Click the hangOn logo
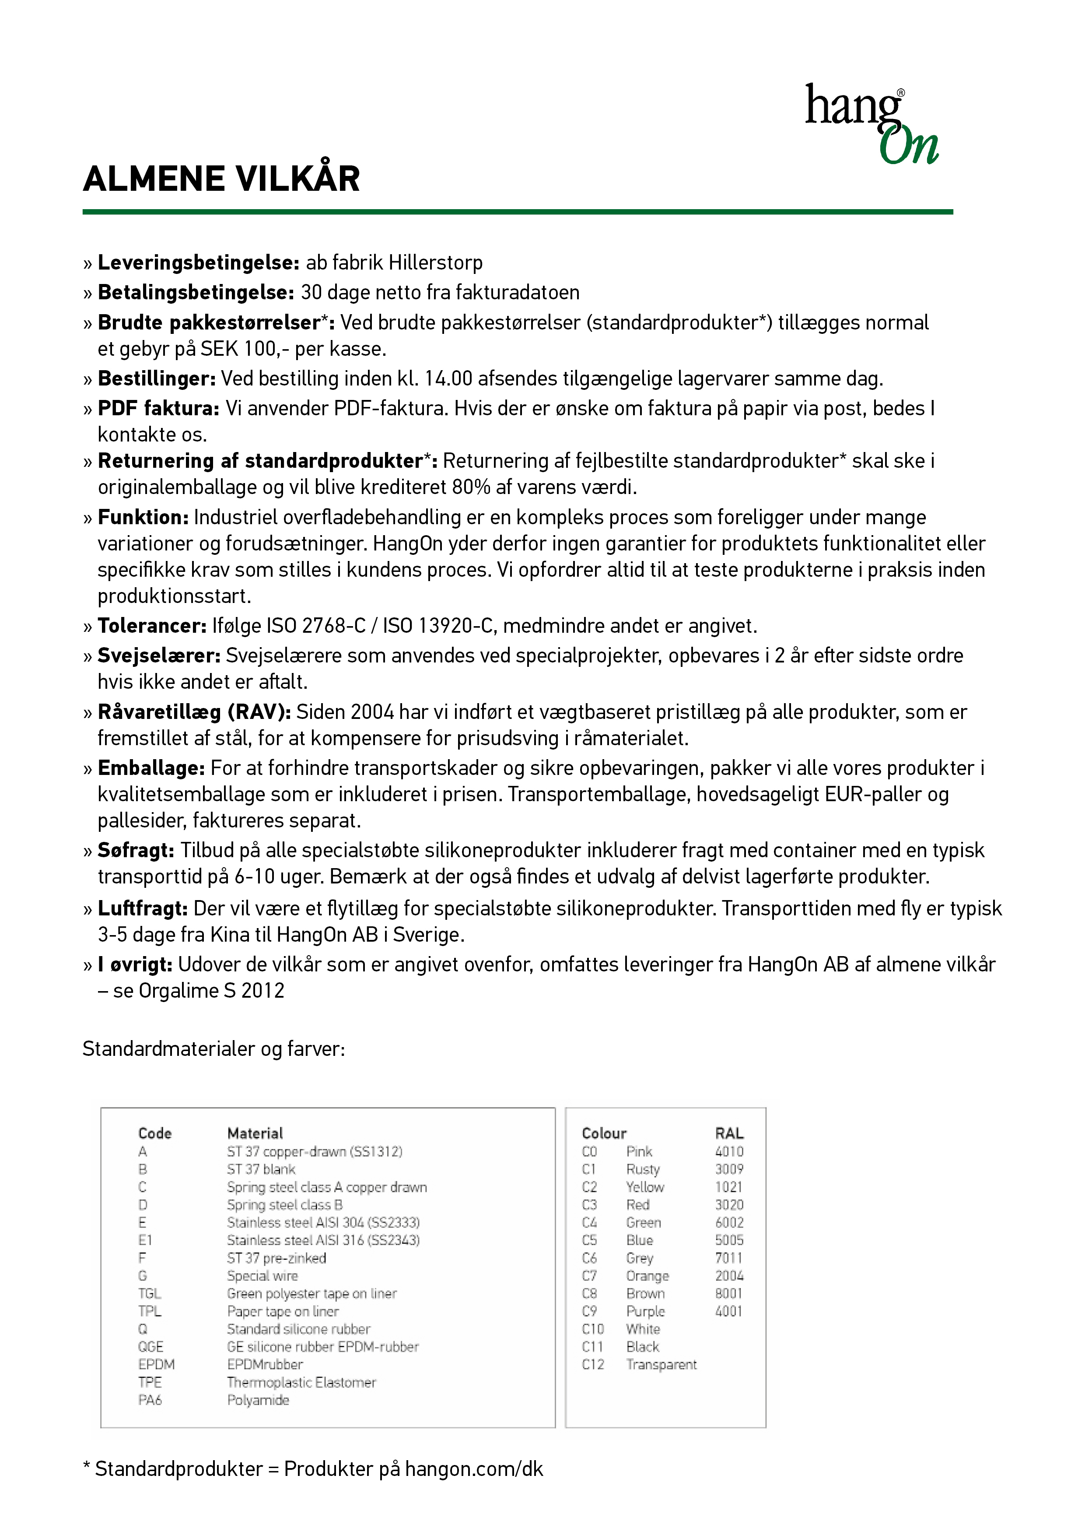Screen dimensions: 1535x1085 click(871, 124)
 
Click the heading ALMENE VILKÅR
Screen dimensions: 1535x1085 click(221, 179)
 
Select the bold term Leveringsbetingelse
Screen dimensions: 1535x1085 click(198, 263)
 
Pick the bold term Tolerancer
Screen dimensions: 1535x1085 click(152, 626)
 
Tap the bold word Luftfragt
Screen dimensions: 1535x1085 click(142, 908)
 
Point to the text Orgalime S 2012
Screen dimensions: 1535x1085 click(211, 990)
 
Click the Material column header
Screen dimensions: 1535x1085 click(255, 1133)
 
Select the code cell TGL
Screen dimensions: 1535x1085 click(149, 1293)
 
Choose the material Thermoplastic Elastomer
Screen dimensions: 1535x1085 click(301, 1382)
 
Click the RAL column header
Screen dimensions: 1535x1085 click(729, 1133)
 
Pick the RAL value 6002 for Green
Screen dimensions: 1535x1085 click(729, 1222)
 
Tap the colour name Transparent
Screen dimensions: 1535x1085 click(661, 1364)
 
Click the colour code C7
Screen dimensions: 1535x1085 click(589, 1276)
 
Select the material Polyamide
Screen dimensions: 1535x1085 click(258, 1400)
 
